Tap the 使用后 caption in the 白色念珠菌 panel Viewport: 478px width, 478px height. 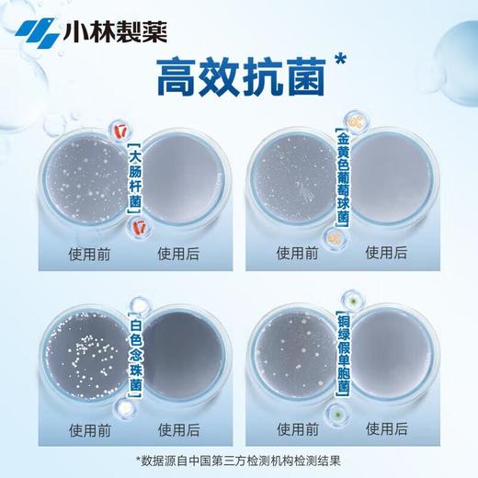coord(179,427)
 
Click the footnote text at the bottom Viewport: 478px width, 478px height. coord(239,460)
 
